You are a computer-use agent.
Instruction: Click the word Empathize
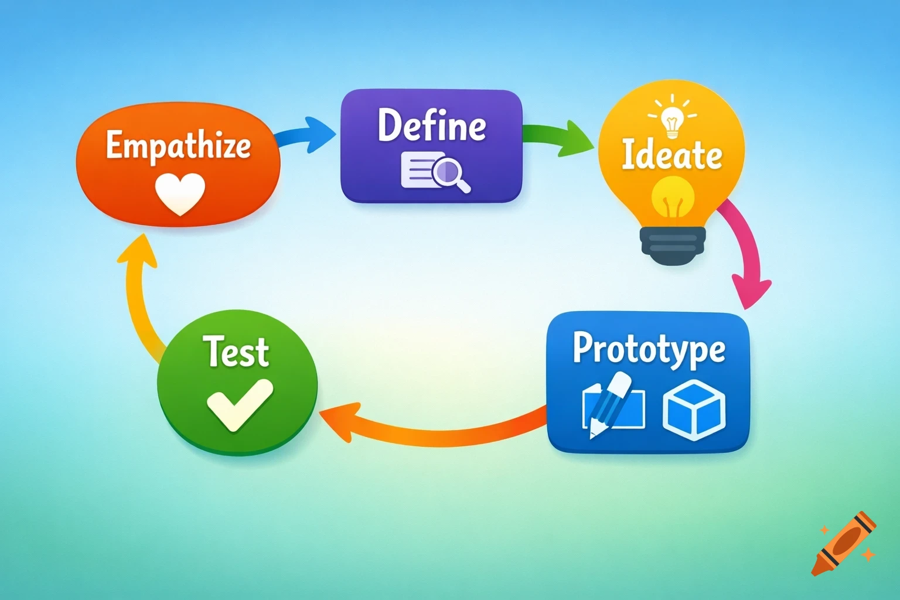[x=178, y=145]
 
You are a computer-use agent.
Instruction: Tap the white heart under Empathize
[x=180, y=193]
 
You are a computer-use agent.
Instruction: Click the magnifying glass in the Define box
[x=449, y=173]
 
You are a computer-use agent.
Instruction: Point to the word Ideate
[x=671, y=155]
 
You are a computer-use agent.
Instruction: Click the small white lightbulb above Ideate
[x=672, y=120]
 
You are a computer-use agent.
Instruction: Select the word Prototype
[x=649, y=349]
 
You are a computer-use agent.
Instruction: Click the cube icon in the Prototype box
[x=694, y=409]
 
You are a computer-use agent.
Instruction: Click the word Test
[x=236, y=352]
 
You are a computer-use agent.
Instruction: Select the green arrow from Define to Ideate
[x=557, y=137]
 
